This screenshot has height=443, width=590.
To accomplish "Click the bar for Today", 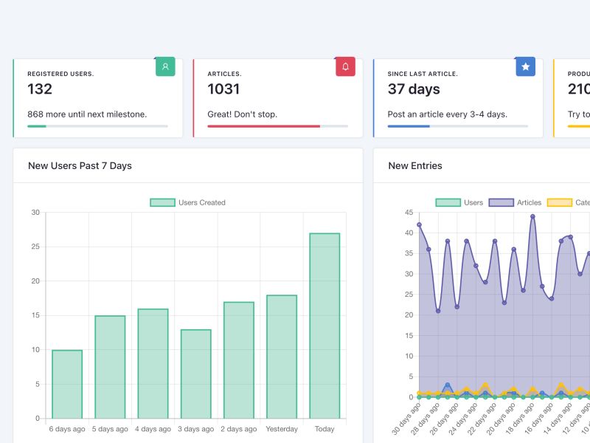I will coord(324,326).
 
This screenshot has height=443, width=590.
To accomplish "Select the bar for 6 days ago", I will coord(67,384).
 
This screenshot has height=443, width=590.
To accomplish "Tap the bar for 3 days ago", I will coord(195,374).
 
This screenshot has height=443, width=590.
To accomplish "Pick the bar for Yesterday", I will coord(282,357).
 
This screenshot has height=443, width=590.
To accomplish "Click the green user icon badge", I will coord(165,66).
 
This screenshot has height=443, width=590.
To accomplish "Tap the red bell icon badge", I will coord(345,66).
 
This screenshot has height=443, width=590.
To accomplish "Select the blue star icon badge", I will coord(525,66).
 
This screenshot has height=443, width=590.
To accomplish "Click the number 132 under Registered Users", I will coord(40,89).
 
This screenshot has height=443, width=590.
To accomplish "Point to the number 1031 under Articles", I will coord(223,89).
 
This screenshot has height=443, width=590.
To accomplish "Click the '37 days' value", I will coord(414,89).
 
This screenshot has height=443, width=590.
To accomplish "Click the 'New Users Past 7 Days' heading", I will coord(80,165).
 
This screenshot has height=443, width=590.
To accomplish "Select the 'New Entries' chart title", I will coord(415,165).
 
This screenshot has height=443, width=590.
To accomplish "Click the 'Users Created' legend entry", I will coord(188,202).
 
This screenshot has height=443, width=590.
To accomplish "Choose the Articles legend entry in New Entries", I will coord(516,202).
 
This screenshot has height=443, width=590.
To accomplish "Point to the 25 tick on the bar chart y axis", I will coord(35,247).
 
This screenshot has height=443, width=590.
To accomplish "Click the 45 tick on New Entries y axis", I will coord(409,213).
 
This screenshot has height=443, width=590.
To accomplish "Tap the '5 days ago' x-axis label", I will coord(111,429).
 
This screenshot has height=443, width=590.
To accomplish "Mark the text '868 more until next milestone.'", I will coord(87,114).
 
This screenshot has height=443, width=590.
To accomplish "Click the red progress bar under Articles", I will coord(264,126).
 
